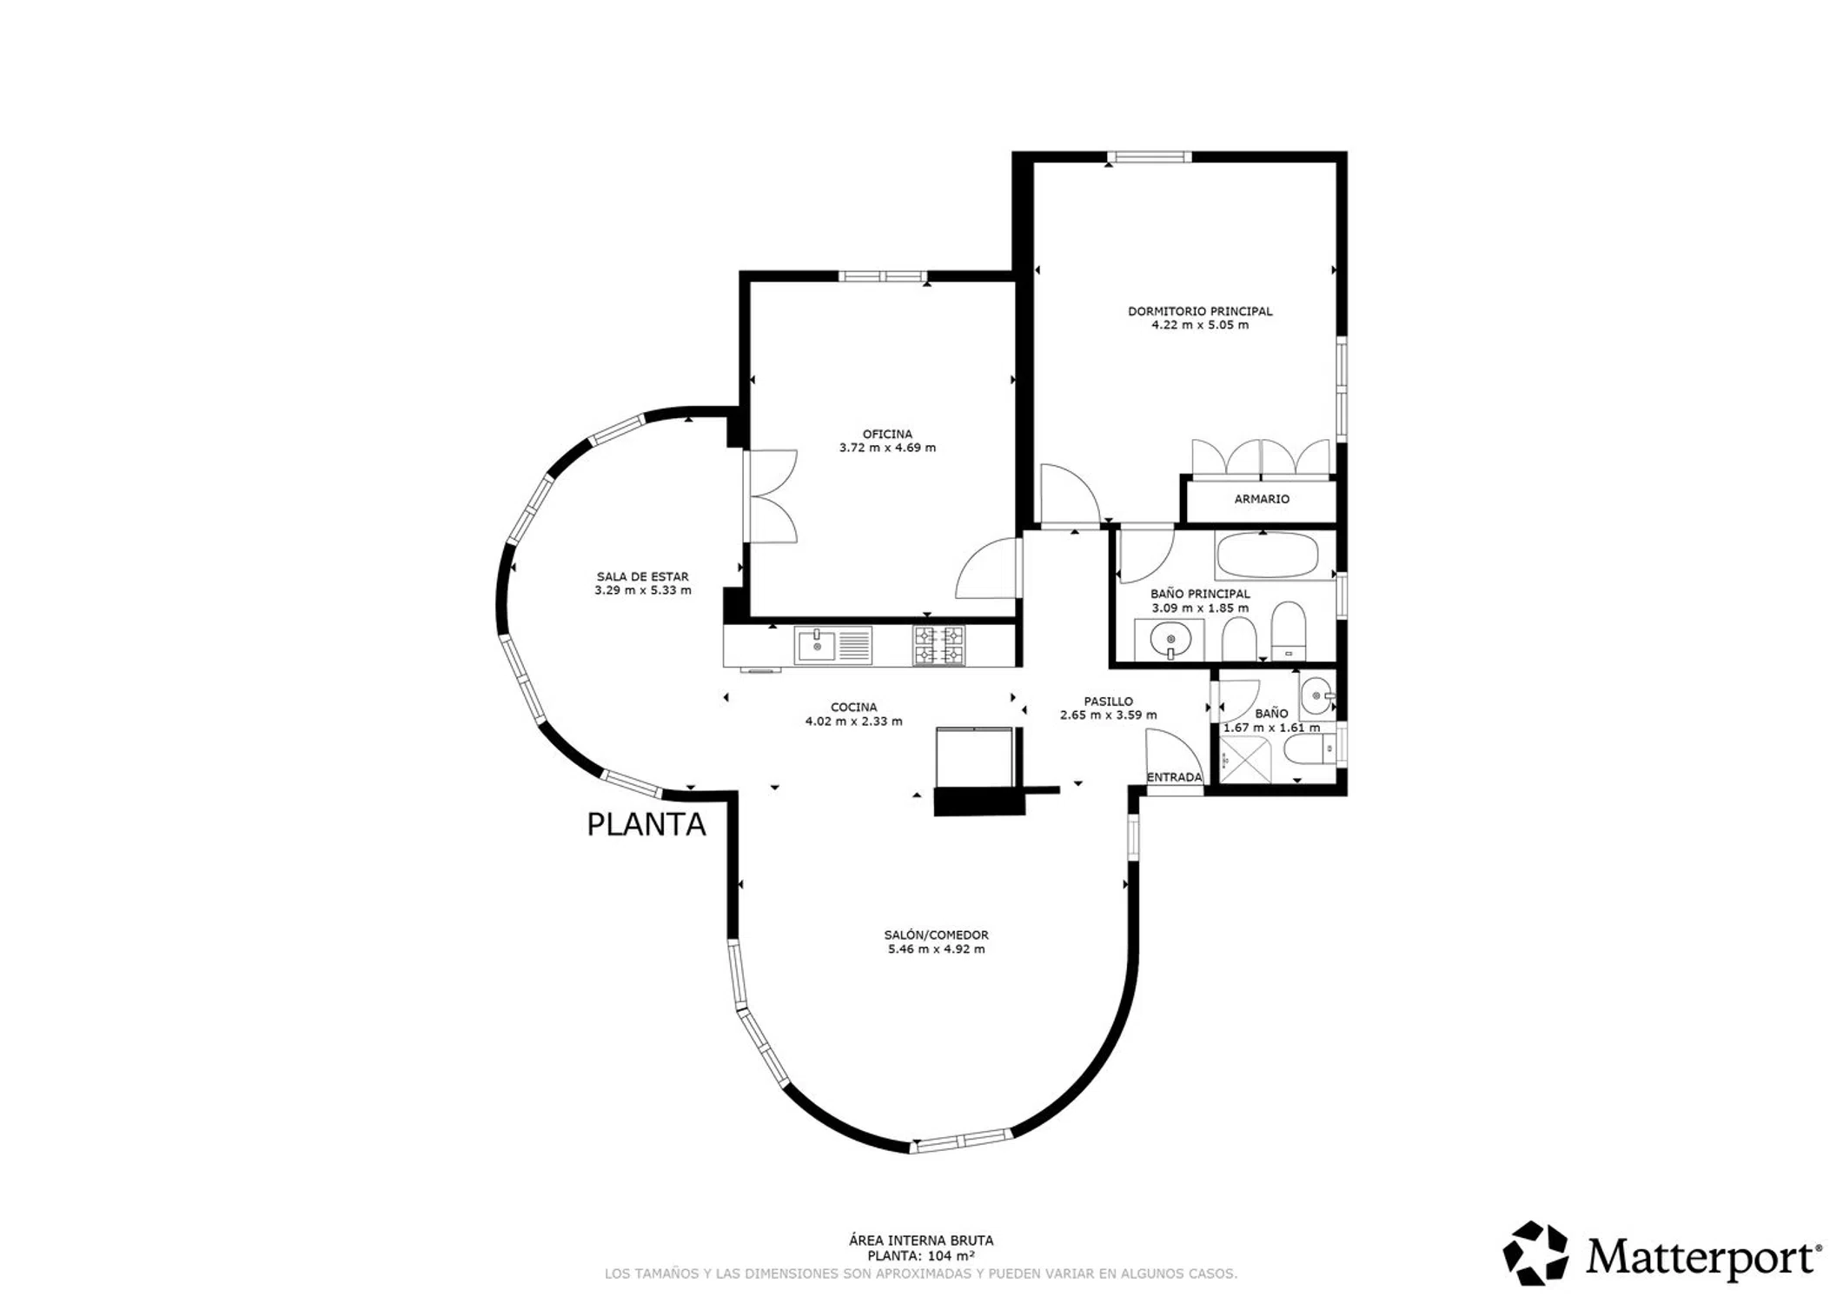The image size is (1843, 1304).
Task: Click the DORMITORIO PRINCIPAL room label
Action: point(1200,311)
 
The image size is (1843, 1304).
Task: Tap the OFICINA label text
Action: point(887,434)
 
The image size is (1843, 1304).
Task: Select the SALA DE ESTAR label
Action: point(642,576)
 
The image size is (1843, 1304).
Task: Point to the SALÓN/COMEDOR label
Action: point(936,935)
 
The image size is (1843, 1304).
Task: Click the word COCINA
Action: point(853,707)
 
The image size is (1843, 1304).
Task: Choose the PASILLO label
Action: point(1108,701)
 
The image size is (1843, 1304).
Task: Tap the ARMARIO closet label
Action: point(1262,499)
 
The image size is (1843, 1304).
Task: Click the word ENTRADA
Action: point(1174,777)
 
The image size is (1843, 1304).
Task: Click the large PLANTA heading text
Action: point(646,824)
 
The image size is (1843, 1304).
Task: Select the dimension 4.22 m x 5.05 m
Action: point(1200,325)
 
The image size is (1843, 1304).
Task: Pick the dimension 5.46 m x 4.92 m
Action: point(936,948)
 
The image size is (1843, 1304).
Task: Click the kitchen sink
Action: point(832,646)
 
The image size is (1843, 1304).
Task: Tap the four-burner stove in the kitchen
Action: point(938,646)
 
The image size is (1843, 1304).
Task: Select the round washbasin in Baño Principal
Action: point(1170,641)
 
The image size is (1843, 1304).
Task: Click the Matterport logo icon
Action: point(1535,1253)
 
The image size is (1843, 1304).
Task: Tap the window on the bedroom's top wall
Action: point(1149,157)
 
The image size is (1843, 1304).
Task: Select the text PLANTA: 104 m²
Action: point(920,1255)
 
